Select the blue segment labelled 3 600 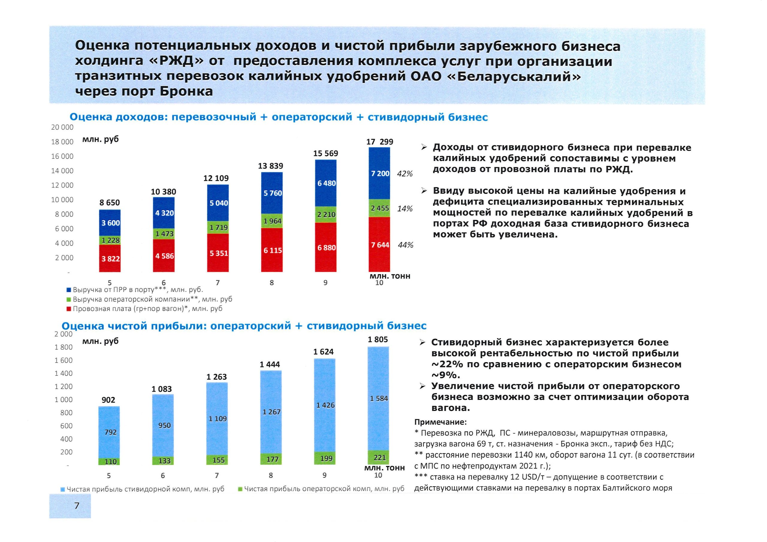pos(110,223)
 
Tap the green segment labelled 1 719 pos(218,227)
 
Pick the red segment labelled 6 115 pos(272,250)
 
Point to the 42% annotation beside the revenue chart pos(404,174)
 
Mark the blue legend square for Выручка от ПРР pos(69,290)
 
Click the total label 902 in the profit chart pos(108,400)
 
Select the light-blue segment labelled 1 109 pos(218,418)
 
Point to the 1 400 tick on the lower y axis pos(64,373)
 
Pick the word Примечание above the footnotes pos(440,422)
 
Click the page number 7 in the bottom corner pos(77,505)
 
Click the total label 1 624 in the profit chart pos(323,352)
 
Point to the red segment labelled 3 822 pos(110,258)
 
